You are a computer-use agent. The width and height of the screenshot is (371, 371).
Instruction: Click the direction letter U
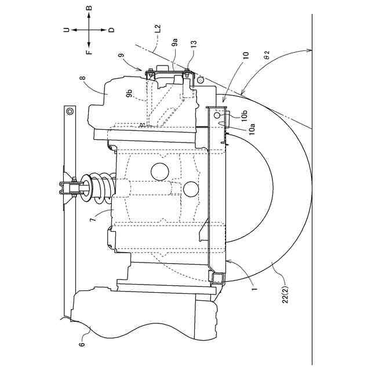[67, 30]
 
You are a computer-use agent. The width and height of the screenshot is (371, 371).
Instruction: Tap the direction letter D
[111, 30]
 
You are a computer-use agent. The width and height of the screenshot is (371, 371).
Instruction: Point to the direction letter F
[89, 52]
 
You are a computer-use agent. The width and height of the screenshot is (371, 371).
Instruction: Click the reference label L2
[158, 28]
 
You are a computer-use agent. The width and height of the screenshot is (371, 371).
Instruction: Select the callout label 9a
[175, 42]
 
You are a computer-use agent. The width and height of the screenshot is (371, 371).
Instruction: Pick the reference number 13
[193, 44]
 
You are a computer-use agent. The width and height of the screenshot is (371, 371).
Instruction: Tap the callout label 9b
[129, 93]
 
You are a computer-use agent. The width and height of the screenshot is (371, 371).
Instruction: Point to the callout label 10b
[245, 115]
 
